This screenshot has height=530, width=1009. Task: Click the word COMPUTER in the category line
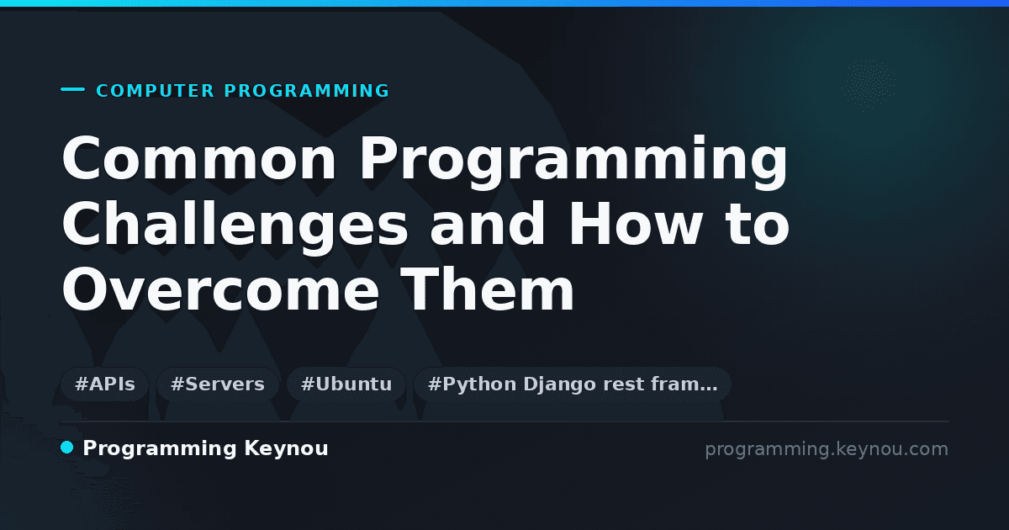tap(155, 91)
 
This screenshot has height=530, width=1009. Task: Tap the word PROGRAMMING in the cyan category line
tap(306, 91)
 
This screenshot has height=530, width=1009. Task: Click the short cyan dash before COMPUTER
tap(72, 89)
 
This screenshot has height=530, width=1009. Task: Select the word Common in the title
tap(198, 158)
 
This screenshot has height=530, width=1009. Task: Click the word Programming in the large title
tap(573, 162)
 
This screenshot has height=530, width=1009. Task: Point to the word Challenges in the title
tap(235, 226)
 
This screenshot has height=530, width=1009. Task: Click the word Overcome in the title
tap(220, 289)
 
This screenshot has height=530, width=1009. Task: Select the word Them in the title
tap(487, 289)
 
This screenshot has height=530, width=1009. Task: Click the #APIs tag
tap(105, 384)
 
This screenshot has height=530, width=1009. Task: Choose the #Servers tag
tap(218, 384)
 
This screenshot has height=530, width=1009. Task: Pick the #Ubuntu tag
tap(346, 384)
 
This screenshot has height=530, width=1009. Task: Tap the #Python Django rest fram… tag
tap(572, 384)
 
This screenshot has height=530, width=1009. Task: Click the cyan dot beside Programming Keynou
tap(67, 448)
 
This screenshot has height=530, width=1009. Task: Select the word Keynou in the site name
tap(286, 448)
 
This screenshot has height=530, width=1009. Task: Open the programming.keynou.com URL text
tap(827, 449)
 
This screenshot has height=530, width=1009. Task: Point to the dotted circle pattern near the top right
tap(869, 84)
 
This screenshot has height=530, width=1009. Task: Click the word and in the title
tap(487, 224)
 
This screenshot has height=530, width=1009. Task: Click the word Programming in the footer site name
tap(160, 449)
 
